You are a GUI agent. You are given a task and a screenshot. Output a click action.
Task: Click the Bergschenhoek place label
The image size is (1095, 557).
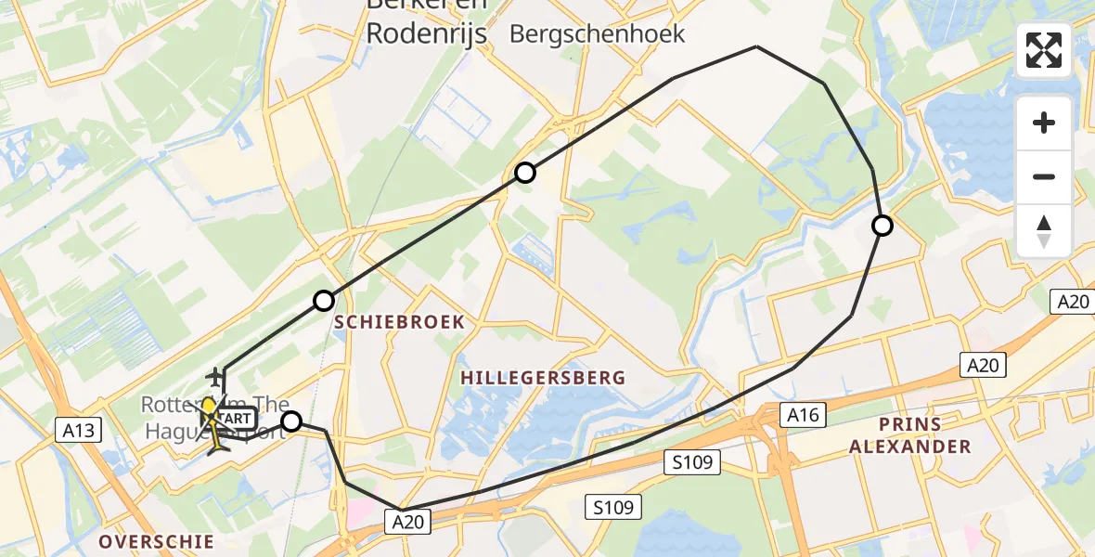(x=598, y=34)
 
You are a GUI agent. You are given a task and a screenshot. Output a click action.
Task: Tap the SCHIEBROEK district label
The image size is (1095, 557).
(x=399, y=321)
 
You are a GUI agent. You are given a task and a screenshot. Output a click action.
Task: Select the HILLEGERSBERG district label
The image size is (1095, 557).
(x=543, y=378)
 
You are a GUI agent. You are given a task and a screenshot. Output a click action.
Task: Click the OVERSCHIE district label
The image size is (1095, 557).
(x=156, y=541)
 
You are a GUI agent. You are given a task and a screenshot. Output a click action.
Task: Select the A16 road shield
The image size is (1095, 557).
(x=802, y=414)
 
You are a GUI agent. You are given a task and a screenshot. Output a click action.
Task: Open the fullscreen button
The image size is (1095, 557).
(x=1044, y=50)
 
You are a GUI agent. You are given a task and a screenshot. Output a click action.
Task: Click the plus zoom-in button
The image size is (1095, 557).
(x=1044, y=123)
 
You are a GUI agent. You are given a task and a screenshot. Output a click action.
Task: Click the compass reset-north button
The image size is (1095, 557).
(x=1044, y=231)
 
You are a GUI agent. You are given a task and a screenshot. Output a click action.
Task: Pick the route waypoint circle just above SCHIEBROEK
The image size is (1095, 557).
(x=324, y=301)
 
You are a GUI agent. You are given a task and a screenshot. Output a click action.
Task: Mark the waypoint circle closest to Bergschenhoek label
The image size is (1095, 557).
(x=525, y=173)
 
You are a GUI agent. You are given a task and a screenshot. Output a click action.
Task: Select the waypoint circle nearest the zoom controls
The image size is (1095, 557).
(x=882, y=226)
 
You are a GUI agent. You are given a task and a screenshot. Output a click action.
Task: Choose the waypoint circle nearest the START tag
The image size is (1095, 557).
(x=291, y=422)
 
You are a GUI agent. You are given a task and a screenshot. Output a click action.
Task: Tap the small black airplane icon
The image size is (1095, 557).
(x=215, y=376)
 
